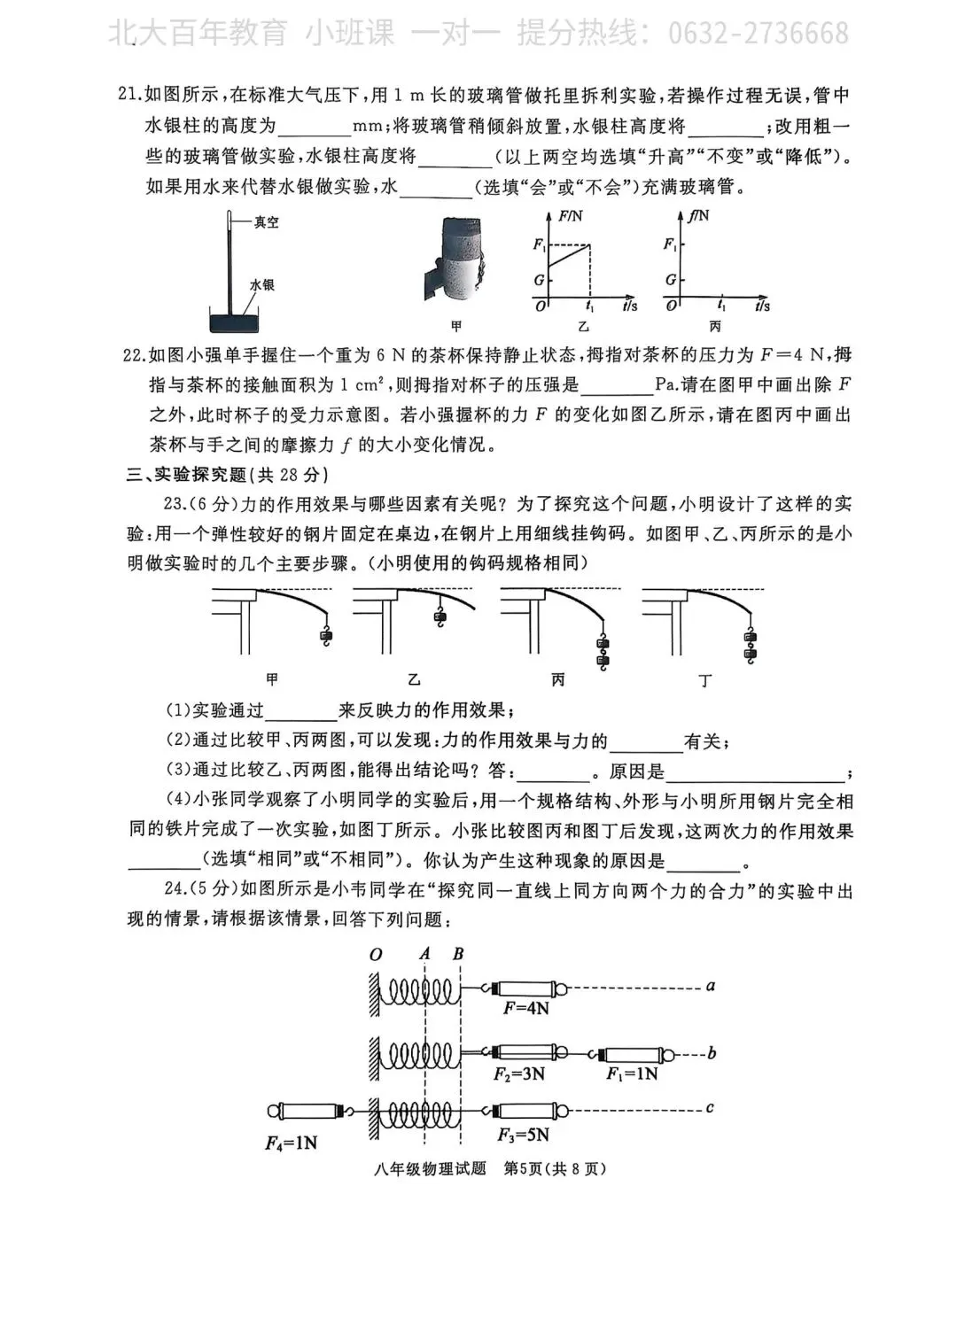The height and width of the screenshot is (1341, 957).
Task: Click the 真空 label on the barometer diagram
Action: tap(266, 222)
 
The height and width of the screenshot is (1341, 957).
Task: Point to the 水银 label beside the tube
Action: tap(262, 285)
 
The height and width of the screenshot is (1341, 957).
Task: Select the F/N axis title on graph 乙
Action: tap(571, 216)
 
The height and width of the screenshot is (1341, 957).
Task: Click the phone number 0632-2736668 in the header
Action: tap(757, 34)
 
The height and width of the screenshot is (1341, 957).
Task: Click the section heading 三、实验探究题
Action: tap(187, 475)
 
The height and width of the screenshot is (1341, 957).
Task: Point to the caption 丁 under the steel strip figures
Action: tap(705, 680)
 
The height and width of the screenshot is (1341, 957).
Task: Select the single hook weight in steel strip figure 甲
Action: tap(326, 635)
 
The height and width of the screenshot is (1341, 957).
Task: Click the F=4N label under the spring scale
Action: tap(526, 1008)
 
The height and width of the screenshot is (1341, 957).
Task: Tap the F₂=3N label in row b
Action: tap(519, 1074)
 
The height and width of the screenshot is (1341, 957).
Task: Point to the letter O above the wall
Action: tap(376, 955)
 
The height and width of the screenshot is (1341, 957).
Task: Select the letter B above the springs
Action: tap(458, 954)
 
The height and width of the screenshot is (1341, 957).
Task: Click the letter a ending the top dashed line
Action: tap(710, 985)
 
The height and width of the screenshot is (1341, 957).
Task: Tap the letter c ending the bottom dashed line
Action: tap(710, 1107)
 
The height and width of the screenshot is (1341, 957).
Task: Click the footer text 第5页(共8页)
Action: tap(555, 1168)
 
